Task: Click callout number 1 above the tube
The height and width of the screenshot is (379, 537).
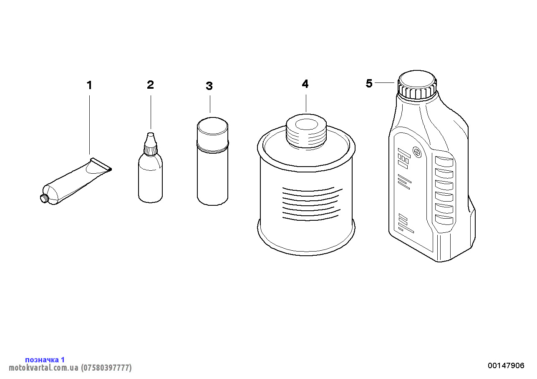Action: coord(89,85)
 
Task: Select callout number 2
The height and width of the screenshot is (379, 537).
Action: coord(150,85)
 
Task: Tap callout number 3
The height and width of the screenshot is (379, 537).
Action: coord(209,86)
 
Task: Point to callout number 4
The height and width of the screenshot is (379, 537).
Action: coord(305,84)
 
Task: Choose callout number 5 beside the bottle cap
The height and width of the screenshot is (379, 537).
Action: coord(369,83)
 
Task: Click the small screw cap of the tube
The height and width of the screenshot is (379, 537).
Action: coord(44,199)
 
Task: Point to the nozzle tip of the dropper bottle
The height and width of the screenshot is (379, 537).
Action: coord(151,135)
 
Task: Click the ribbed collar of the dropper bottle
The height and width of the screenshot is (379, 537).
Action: coord(150,150)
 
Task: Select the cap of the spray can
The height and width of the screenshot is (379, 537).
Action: coord(212,134)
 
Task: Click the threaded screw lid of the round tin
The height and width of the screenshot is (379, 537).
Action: coord(306,132)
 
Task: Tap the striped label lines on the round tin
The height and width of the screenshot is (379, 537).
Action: coord(312,204)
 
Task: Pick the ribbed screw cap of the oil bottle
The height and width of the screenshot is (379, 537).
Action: coord(417,85)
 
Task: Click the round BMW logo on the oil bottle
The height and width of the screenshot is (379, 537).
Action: coord(417,152)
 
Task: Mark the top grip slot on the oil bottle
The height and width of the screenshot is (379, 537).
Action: coord(444,162)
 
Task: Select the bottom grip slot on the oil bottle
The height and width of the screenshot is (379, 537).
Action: coord(444,219)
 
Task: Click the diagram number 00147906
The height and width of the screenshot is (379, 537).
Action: coord(506,365)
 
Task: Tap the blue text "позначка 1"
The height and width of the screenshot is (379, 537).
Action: coord(45,359)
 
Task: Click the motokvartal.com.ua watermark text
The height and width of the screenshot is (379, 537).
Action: coord(43,367)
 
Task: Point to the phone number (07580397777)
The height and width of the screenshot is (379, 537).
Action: coord(106,367)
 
